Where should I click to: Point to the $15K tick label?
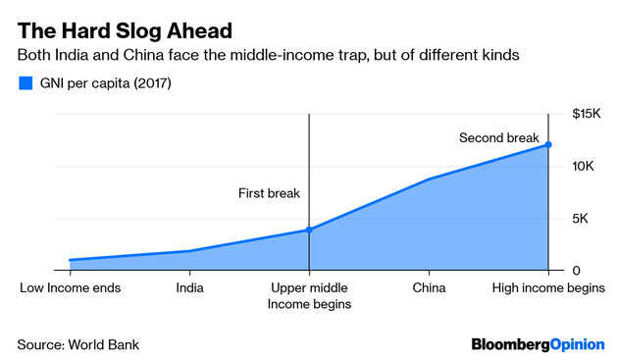click(587, 115)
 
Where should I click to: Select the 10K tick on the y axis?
click(586, 167)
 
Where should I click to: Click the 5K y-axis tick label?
click(583, 219)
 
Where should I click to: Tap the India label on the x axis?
click(189, 288)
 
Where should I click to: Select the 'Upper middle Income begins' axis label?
click(309, 296)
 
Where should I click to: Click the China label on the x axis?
click(429, 288)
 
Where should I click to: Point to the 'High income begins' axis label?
click(547, 288)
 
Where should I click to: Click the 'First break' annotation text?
click(269, 194)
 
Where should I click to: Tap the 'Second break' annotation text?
click(498, 138)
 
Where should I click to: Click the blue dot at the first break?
click(309, 230)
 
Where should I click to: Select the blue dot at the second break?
click(548, 144)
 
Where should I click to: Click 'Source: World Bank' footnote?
click(78, 344)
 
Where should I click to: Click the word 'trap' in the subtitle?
click(380, 55)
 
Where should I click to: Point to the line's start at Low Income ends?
click(70, 260)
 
